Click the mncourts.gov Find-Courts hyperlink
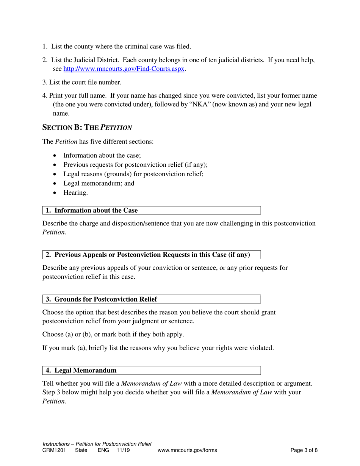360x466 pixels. (x=124, y=69)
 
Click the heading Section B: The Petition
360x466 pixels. (x=87, y=128)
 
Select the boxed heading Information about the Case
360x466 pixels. (x=92, y=210)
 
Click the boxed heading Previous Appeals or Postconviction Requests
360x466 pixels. (x=148, y=255)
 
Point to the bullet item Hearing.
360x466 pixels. (x=75, y=193)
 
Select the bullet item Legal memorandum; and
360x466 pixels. (x=99, y=183)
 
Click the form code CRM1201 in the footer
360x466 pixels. (x=53, y=450)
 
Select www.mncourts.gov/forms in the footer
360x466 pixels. (x=187, y=450)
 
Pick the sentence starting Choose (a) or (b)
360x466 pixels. (x=113, y=335)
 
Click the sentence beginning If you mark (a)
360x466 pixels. (x=158, y=348)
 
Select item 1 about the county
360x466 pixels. (x=117, y=47)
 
